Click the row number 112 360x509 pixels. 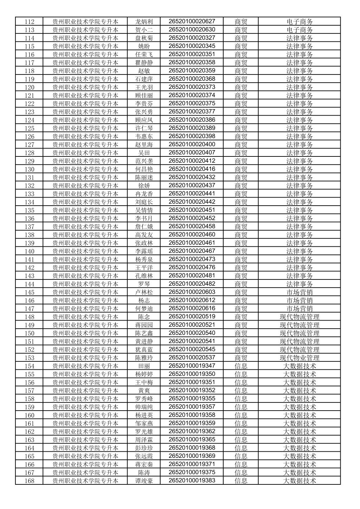(x=30, y=21)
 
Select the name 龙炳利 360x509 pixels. (x=144, y=21)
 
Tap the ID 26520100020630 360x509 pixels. (x=192, y=30)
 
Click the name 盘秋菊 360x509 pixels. (x=144, y=38)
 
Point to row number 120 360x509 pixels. (x=30, y=87)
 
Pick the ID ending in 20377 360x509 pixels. (x=192, y=112)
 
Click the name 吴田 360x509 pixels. (x=144, y=153)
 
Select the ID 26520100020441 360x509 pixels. (x=192, y=194)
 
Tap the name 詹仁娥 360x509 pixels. (x=144, y=226)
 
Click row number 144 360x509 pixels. (x=30, y=284)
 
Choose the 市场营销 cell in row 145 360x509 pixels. (x=300, y=292)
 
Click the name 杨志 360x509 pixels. (x=144, y=300)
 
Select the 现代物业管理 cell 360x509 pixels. (x=300, y=358)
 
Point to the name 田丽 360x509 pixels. (x=144, y=366)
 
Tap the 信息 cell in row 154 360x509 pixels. (x=241, y=366)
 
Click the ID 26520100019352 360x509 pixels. (x=192, y=391)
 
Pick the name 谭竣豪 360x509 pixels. (x=144, y=481)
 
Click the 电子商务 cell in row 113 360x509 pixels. (x=300, y=30)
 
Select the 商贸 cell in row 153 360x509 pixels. (x=241, y=358)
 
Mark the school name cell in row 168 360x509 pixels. (x=85, y=481)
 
